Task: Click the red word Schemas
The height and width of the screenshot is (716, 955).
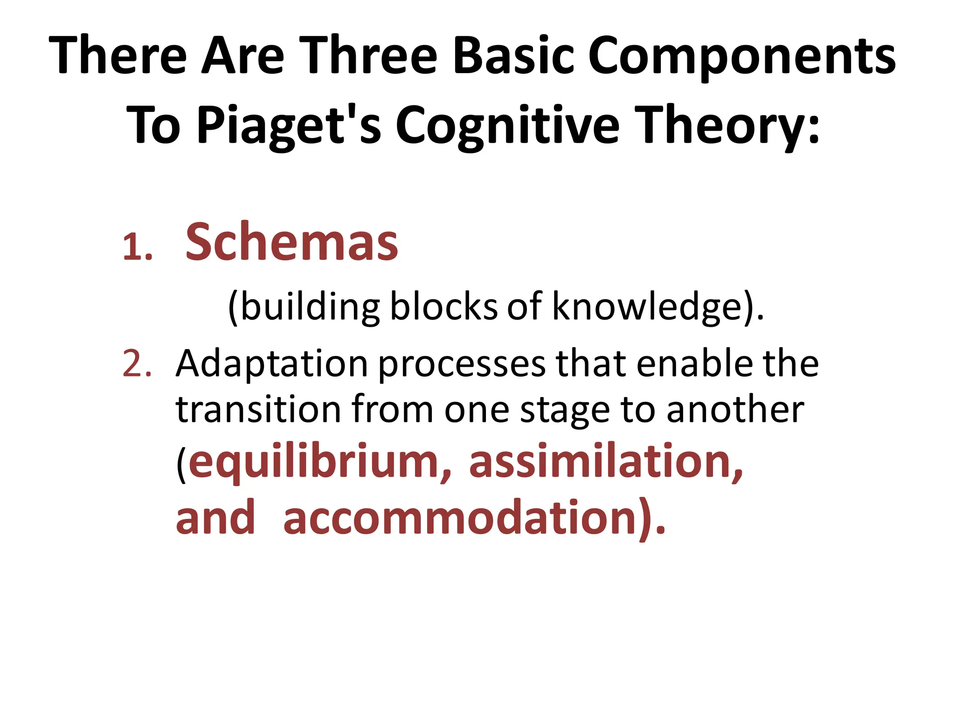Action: (x=291, y=242)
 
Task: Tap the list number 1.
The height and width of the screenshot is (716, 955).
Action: (x=137, y=248)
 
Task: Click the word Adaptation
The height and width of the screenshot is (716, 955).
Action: (x=272, y=364)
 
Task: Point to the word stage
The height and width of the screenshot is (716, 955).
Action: (x=565, y=410)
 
